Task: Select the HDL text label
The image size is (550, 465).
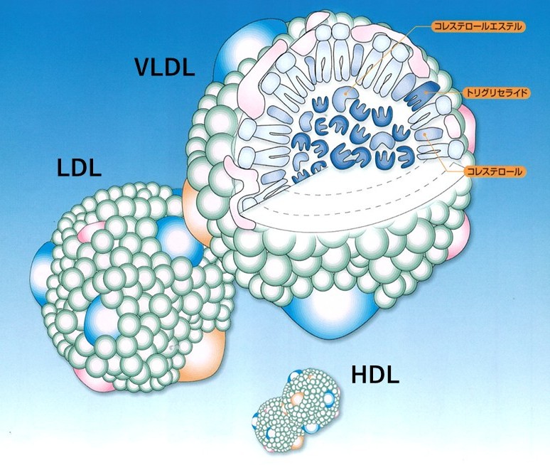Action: pos(374,375)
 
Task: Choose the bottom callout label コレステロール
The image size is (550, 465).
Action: pos(495,171)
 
